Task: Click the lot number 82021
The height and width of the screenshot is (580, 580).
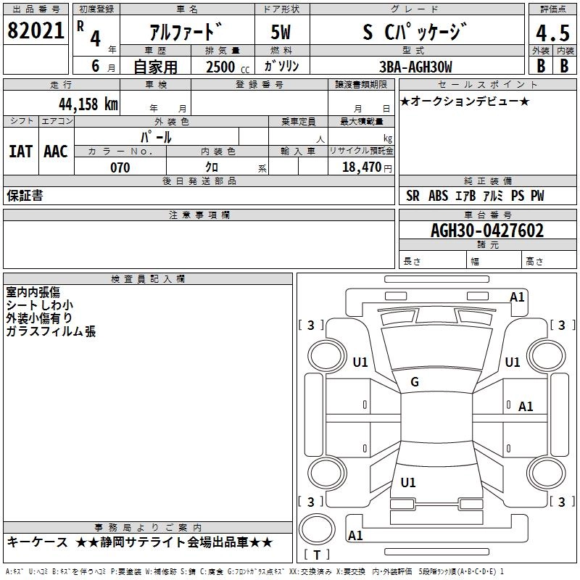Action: pyautogui.click(x=36, y=31)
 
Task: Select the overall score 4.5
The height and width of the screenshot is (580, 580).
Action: pyautogui.click(x=552, y=33)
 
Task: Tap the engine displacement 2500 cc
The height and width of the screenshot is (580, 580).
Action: pyautogui.click(x=226, y=67)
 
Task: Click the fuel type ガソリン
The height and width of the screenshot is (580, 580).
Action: pyautogui.click(x=281, y=67)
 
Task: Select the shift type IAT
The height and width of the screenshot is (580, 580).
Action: pyautogui.click(x=20, y=152)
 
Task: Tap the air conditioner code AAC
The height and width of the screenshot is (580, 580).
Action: pyautogui.click(x=56, y=152)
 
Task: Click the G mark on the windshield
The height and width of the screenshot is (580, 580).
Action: pyautogui.click(x=415, y=382)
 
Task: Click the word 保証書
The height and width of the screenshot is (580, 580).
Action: pyautogui.click(x=25, y=196)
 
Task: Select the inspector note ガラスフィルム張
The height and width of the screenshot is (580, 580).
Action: pyautogui.click(x=51, y=331)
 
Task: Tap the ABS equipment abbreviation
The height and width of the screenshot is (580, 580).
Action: pyautogui.click(x=438, y=196)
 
